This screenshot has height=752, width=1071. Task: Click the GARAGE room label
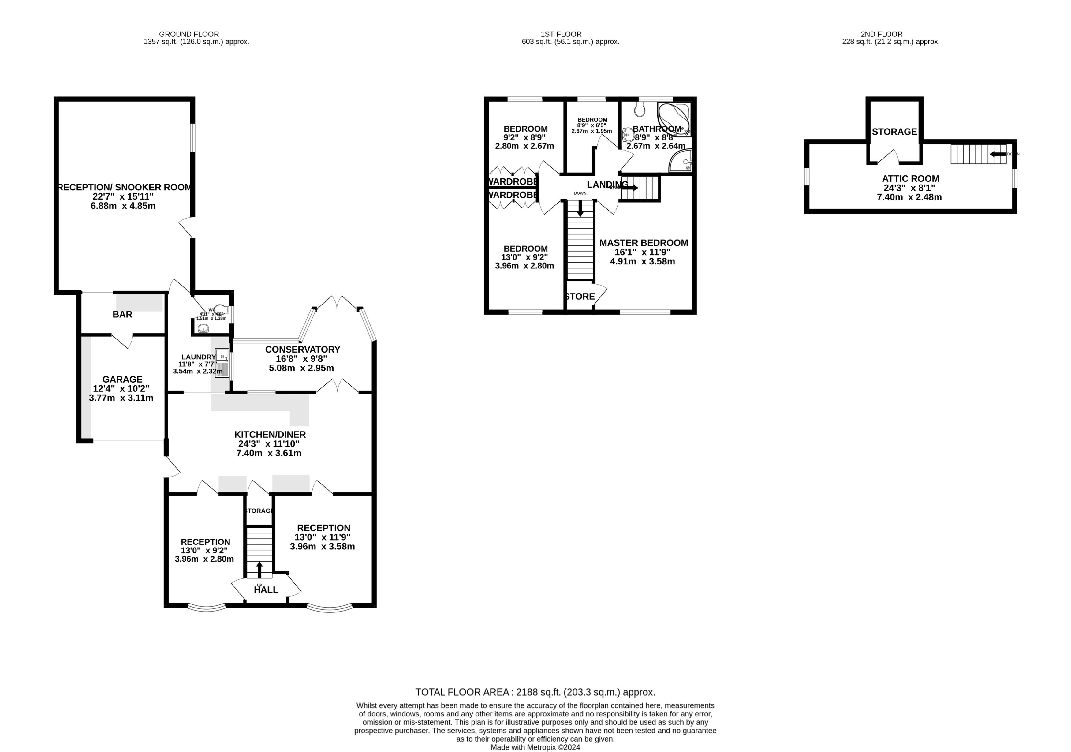pyautogui.click(x=122, y=379)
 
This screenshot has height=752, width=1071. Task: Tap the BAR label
pyautogui.click(x=122, y=314)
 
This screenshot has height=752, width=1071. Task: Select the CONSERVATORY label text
pyautogui.click(x=302, y=350)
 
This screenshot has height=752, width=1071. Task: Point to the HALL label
pyautogui.click(x=266, y=590)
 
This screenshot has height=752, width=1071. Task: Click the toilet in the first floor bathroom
pyautogui.click(x=640, y=110)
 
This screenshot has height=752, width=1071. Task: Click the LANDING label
pyautogui.click(x=607, y=184)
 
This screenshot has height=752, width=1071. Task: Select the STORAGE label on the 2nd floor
pyautogui.click(x=894, y=132)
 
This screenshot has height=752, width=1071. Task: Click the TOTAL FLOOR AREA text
pyautogui.click(x=535, y=692)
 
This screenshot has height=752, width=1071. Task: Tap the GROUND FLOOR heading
pyautogui.click(x=189, y=34)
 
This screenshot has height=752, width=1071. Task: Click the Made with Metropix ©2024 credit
pyautogui.click(x=535, y=747)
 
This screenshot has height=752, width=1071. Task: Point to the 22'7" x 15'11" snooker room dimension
pyautogui.click(x=123, y=196)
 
